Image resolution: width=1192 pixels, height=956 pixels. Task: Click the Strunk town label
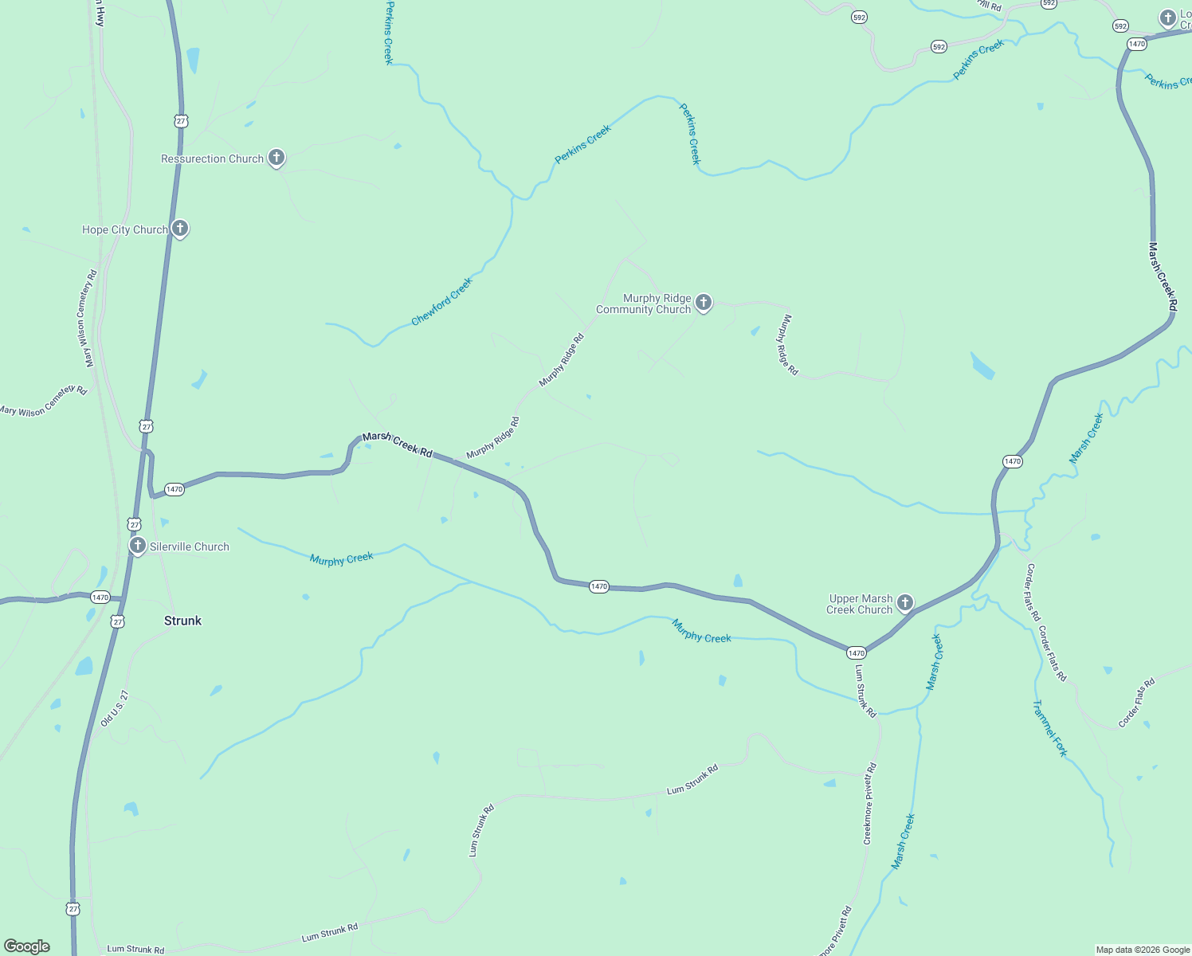[182, 621]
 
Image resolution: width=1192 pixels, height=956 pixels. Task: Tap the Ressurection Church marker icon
[276, 158]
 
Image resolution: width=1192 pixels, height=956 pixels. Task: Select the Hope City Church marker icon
[180, 229]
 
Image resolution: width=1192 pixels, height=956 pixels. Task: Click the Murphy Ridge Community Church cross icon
[703, 302]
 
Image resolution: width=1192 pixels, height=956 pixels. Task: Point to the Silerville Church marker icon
[138, 546]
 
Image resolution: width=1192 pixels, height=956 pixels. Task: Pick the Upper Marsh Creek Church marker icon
[904, 603]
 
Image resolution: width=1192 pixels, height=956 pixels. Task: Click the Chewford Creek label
[441, 301]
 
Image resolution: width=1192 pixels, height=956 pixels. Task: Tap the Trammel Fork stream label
[1049, 728]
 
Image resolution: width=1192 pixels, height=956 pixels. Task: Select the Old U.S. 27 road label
[114, 708]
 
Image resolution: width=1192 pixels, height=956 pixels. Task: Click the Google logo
[27, 946]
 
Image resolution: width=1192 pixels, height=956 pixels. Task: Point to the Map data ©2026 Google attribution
[1143, 950]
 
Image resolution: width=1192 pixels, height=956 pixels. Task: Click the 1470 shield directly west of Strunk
[100, 597]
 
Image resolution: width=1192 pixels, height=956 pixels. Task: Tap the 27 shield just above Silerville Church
[134, 524]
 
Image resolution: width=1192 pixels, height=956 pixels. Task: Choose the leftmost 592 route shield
[859, 17]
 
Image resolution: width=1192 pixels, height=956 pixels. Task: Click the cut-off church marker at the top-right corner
[1168, 18]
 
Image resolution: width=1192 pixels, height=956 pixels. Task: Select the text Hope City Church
[125, 229]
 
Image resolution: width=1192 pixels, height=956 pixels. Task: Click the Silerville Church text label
[190, 547]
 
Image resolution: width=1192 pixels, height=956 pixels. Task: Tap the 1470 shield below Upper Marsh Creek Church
[856, 653]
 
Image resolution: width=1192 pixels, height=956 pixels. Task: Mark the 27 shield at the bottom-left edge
[73, 909]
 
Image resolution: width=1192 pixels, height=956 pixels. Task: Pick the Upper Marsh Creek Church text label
[860, 604]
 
